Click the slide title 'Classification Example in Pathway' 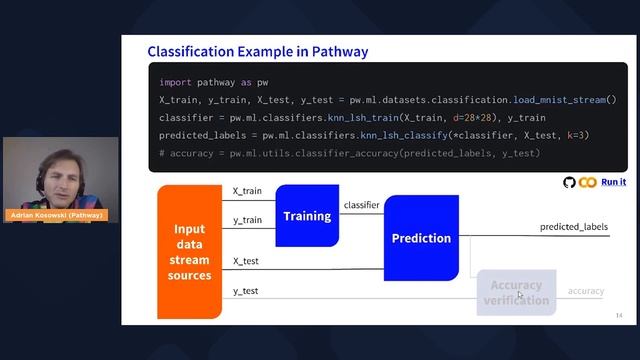tap(257, 51)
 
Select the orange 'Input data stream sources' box tap(189, 252)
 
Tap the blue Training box tap(307, 216)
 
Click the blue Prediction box tap(421, 238)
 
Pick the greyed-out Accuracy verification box tap(516, 292)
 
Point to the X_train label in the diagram tap(247, 190)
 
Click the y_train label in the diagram tap(247, 220)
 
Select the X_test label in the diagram tap(246, 260)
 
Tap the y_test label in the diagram tap(246, 291)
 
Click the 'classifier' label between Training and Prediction tap(361, 205)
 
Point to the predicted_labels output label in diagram tap(574, 227)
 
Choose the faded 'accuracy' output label tap(586, 291)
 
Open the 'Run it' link tap(613, 181)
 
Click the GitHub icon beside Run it tap(570, 182)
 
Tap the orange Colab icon tap(587, 182)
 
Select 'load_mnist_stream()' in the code tap(564, 100)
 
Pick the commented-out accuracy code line tap(349, 153)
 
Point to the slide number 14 tap(619, 315)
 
